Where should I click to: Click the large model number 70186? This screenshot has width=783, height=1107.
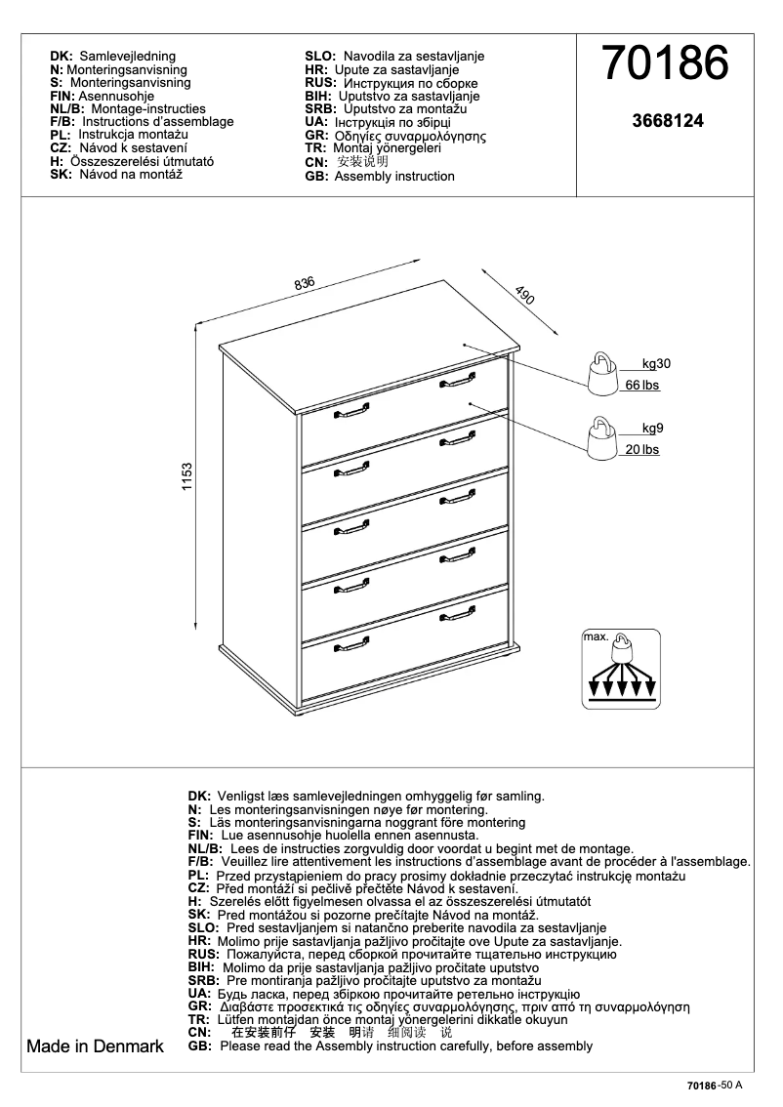coord(666,65)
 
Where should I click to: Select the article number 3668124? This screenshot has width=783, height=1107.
coord(668,122)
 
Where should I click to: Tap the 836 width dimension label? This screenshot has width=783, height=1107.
coord(304,283)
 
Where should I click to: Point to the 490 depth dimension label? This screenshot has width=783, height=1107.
coord(524,297)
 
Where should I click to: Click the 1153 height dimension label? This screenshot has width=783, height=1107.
coord(187,477)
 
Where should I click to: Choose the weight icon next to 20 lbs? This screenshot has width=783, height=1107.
coord(600,438)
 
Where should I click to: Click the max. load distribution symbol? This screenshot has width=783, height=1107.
coord(621,669)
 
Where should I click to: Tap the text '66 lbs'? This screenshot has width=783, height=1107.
coord(642,386)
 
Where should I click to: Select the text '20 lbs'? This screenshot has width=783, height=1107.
coord(642,450)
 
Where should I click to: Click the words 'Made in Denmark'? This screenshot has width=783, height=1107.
coord(95,1046)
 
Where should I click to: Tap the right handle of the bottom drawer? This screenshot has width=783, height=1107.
coord(457,615)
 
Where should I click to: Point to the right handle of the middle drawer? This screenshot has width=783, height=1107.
coord(457,500)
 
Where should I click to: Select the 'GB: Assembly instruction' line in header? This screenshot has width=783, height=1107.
coord(380,177)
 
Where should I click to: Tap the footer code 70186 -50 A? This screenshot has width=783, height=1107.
coord(715,1086)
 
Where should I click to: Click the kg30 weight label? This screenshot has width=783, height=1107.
coord(656,363)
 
